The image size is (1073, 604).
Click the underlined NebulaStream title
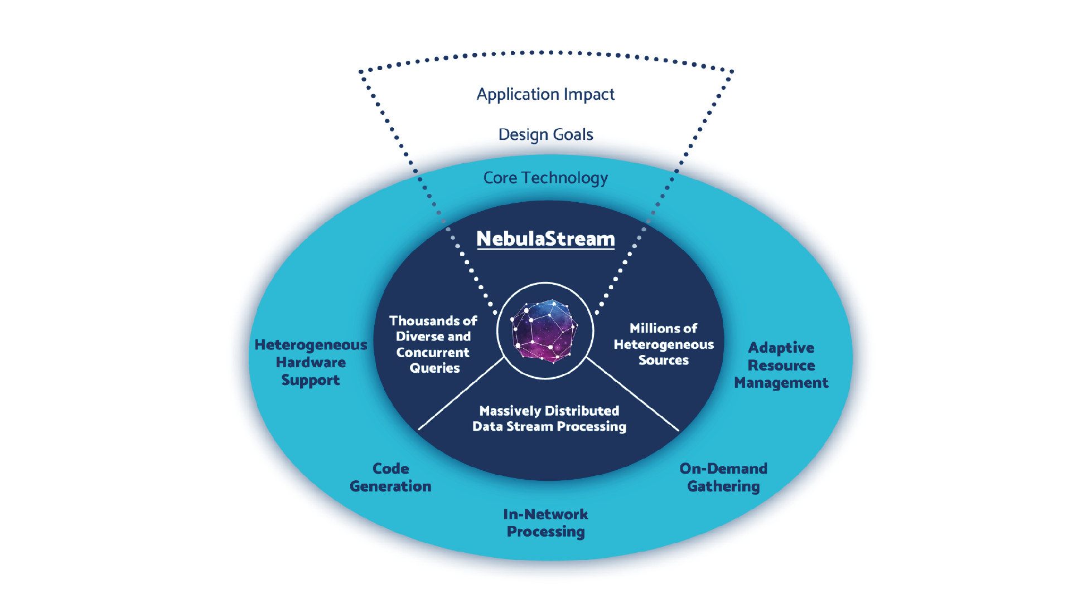click(x=545, y=239)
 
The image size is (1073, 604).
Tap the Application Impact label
click(x=545, y=94)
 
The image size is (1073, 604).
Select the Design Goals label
click(x=545, y=134)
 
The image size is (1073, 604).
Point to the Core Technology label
click(x=545, y=178)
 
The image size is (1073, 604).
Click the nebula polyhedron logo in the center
click(x=545, y=331)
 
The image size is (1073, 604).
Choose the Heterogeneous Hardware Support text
click(x=311, y=362)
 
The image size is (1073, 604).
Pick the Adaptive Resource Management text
click(x=781, y=365)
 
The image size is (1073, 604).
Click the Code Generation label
click(x=390, y=478)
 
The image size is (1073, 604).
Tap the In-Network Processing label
click(x=545, y=523)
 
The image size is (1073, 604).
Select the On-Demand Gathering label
click(x=723, y=478)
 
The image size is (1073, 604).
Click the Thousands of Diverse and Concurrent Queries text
click(x=433, y=344)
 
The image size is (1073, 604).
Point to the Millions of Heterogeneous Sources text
click(x=664, y=344)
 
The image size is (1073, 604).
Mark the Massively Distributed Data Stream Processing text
click(x=549, y=418)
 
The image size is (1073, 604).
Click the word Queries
click(x=434, y=368)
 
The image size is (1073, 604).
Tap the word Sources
click(x=664, y=361)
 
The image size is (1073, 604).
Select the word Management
click(x=781, y=383)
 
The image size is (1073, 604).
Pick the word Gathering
click(x=723, y=486)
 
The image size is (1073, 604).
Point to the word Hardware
click(x=311, y=362)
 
